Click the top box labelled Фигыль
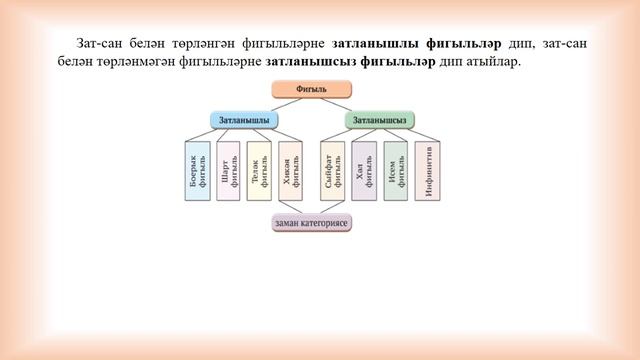[312, 89]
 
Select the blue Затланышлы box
[244, 119]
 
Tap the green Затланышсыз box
[380, 119]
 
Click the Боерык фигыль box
[197, 171]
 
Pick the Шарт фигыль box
[228, 171]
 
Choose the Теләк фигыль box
[259, 171]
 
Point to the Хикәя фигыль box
[290, 171]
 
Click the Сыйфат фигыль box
[333, 171]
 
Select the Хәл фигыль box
[364, 171]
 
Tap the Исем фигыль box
[396, 171]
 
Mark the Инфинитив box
[428, 171]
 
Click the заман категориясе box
[312, 223]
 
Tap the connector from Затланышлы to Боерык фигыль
[204, 134]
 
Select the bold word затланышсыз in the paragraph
[310, 61]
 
